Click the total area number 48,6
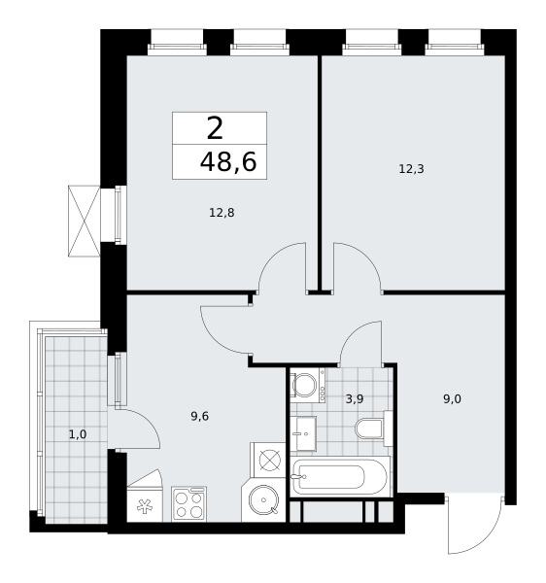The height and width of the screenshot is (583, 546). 228,162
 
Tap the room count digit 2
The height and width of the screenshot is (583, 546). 215,128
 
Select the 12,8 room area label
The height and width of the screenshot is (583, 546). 222,213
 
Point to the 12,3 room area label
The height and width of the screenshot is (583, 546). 411,169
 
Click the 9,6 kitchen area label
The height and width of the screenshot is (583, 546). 199,417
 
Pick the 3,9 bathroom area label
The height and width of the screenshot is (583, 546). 355,399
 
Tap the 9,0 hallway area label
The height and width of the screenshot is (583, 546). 452,399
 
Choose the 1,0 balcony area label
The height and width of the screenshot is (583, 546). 78,434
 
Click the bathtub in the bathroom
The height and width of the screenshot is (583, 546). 340,476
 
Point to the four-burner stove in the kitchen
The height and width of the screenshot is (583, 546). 188,503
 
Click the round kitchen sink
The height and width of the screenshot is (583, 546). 263,499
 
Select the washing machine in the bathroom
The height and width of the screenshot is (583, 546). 307,385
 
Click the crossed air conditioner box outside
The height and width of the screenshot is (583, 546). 84,221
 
